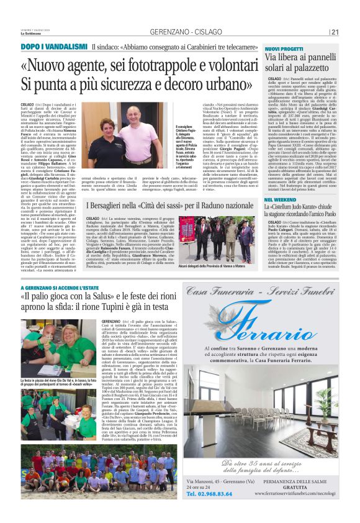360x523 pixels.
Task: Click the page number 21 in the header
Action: pyautogui.click(x=335, y=32)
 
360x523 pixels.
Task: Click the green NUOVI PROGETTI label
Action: pyautogui.click(x=284, y=48)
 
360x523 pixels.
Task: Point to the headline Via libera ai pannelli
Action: pyautogui.click(x=299, y=58)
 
